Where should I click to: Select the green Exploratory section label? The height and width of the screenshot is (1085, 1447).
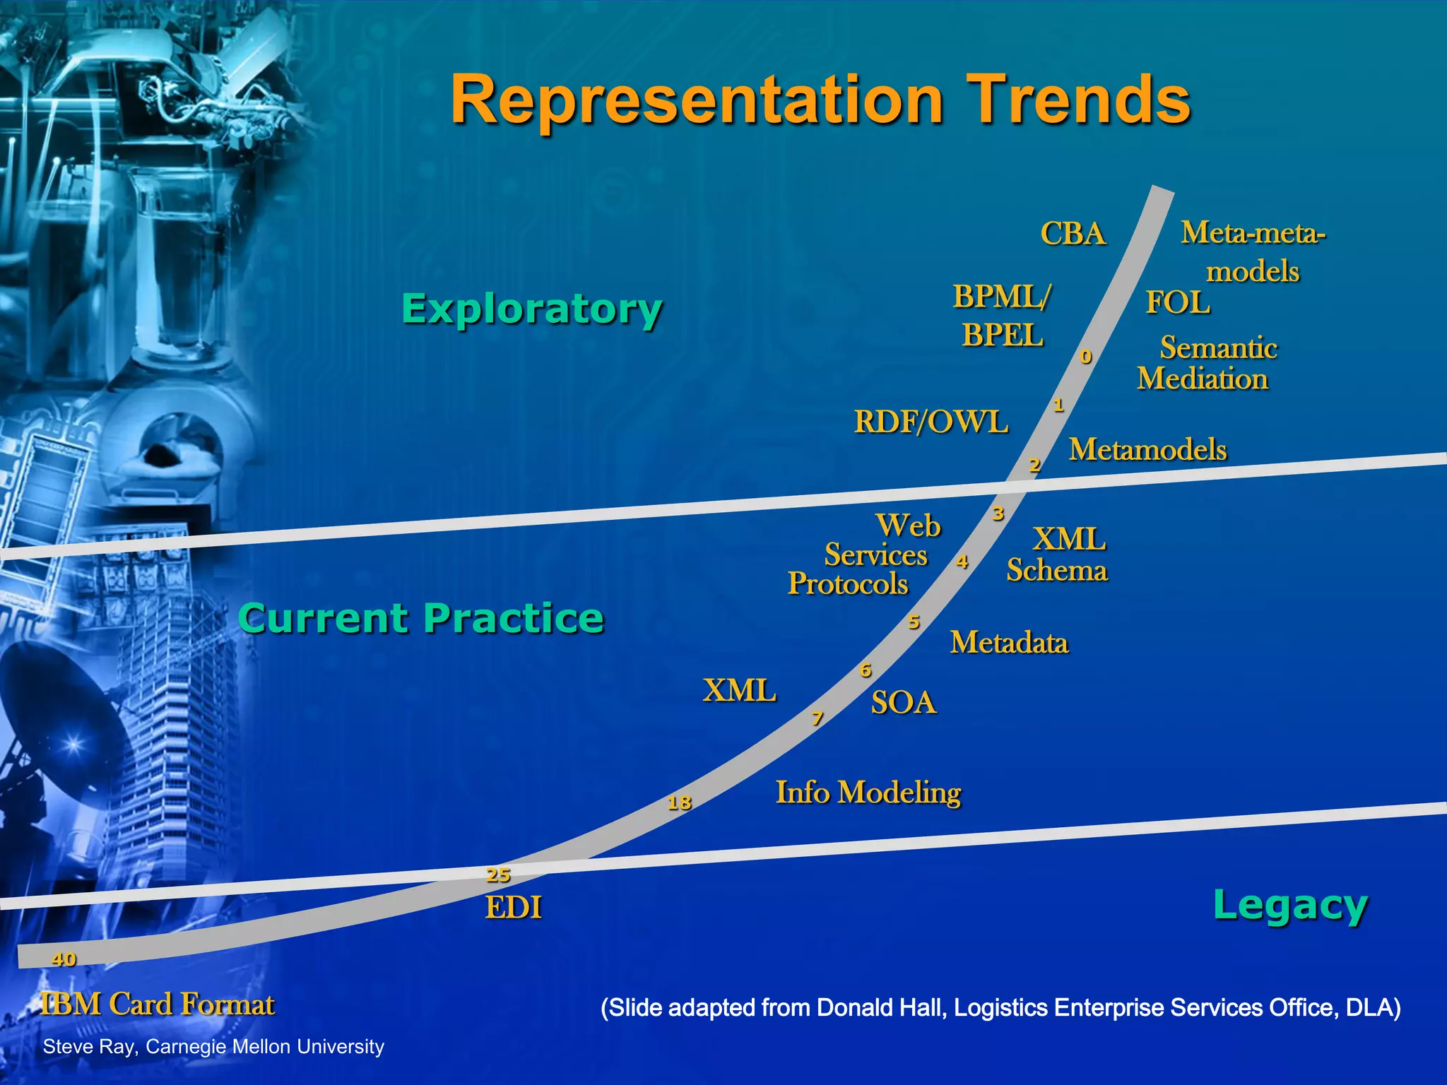pyautogui.click(x=532, y=309)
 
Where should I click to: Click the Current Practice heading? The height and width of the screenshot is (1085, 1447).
pyautogui.click(x=421, y=618)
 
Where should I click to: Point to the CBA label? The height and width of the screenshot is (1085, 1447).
pyautogui.click(x=1073, y=234)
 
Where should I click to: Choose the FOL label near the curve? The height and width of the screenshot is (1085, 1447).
pyautogui.click(x=1177, y=302)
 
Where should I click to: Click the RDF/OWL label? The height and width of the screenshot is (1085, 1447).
pyautogui.click(x=931, y=422)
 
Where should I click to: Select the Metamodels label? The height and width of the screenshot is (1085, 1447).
pyautogui.click(x=1147, y=449)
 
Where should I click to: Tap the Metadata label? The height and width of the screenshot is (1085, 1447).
pyautogui.click(x=1009, y=642)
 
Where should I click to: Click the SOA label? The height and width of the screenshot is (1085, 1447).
pyautogui.click(x=904, y=703)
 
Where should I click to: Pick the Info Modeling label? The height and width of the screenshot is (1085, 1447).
pyautogui.click(x=868, y=793)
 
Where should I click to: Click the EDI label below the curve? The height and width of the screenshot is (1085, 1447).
pyautogui.click(x=514, y=908)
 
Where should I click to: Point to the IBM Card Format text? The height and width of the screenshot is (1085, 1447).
pyautogui.click(x=158, y=1004)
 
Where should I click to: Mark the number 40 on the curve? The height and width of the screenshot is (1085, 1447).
pyautogui.click(x=64, y=959)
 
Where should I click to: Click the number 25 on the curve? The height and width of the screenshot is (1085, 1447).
pyautogui.click(x=498, y=874)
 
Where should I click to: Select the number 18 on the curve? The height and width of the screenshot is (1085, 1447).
pyautogui.click(x=679, y=802)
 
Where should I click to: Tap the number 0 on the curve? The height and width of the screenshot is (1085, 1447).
pyautogui.click(x=1086, y=357)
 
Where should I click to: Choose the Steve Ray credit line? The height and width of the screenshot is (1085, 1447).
pyautogui.click(x=213, y=1046)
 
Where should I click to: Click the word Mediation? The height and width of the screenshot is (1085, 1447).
pyautogui.click(x=1203, y=379)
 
